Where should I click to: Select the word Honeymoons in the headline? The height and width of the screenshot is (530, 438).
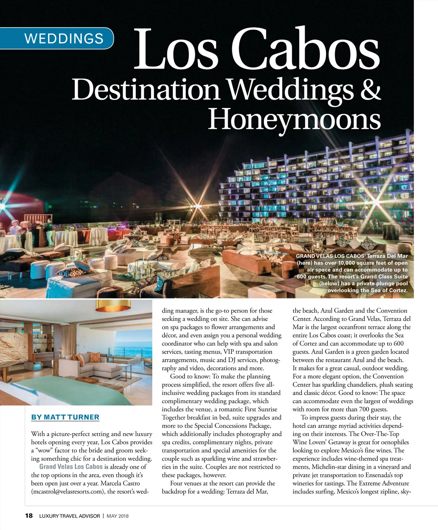click(294, 119)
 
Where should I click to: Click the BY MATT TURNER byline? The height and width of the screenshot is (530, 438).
click(65, 417)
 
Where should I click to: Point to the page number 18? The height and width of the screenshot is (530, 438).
click(29, 516)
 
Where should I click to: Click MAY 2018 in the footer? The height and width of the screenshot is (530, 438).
click(118, 516)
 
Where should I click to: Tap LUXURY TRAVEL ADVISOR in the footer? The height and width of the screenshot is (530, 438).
click(69, 516)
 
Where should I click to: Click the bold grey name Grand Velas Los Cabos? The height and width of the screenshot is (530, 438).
click(71, 467)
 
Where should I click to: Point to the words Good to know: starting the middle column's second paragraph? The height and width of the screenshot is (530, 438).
click(190, 377)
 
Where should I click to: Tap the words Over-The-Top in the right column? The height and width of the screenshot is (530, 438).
click(380, 434)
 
